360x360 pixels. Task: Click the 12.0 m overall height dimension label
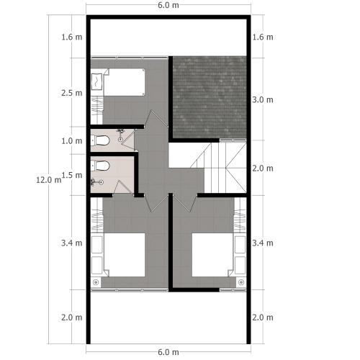coord(48,180)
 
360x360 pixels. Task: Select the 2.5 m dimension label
coord(71,93)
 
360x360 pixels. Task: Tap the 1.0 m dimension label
coord(71,140)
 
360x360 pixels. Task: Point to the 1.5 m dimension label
coord(71,175)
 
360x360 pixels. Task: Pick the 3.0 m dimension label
coord(264,99)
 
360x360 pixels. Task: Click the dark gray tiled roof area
coord(210,96)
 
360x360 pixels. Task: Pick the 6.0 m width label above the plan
coord(168,6)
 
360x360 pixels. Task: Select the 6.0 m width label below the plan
coord(168,351)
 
